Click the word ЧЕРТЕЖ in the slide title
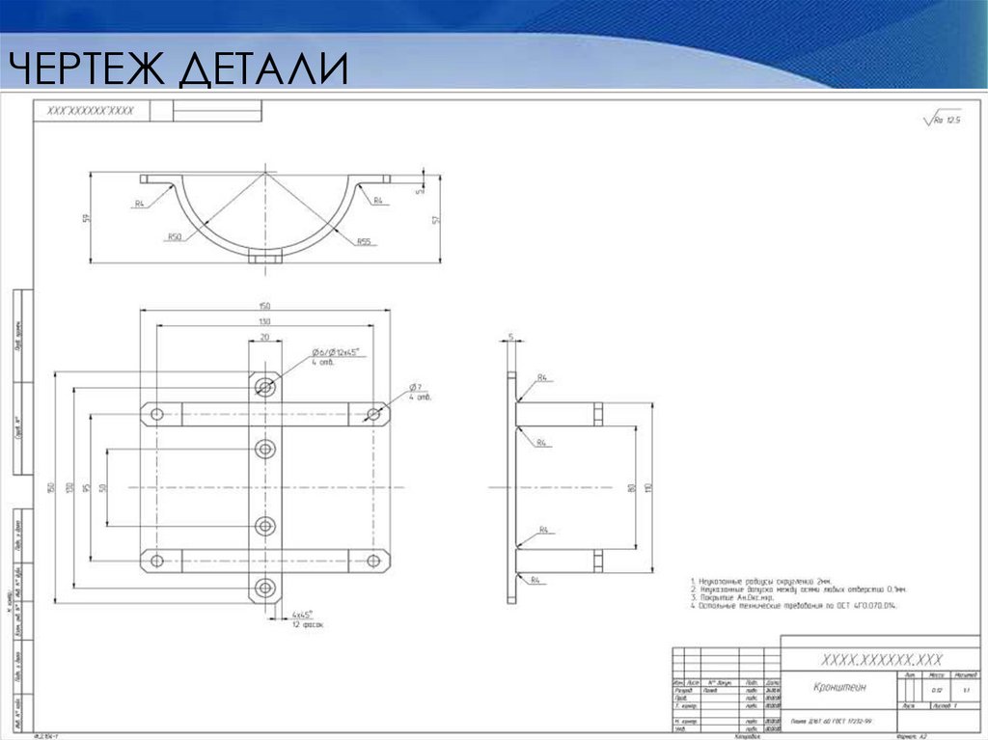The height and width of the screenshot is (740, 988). pos(87,69)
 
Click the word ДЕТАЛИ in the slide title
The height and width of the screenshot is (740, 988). pos(262,69)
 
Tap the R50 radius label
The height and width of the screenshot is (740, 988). pos(175,236)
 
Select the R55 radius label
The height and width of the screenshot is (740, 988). pos(364,241)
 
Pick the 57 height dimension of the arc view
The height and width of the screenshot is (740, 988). pos(436,220)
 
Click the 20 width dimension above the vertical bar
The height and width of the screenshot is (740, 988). pos(264,338)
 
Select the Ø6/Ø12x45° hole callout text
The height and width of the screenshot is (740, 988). pos(334,353)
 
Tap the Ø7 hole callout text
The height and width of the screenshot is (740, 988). pos(415,388)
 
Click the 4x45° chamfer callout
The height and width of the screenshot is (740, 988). pos(303,615)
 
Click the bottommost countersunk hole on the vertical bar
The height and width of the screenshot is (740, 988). pos(264,588)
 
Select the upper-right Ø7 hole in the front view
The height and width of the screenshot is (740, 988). pos(374,414)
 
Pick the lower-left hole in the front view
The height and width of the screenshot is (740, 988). pos(154,561)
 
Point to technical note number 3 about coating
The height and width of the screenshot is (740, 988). pos(733,597)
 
